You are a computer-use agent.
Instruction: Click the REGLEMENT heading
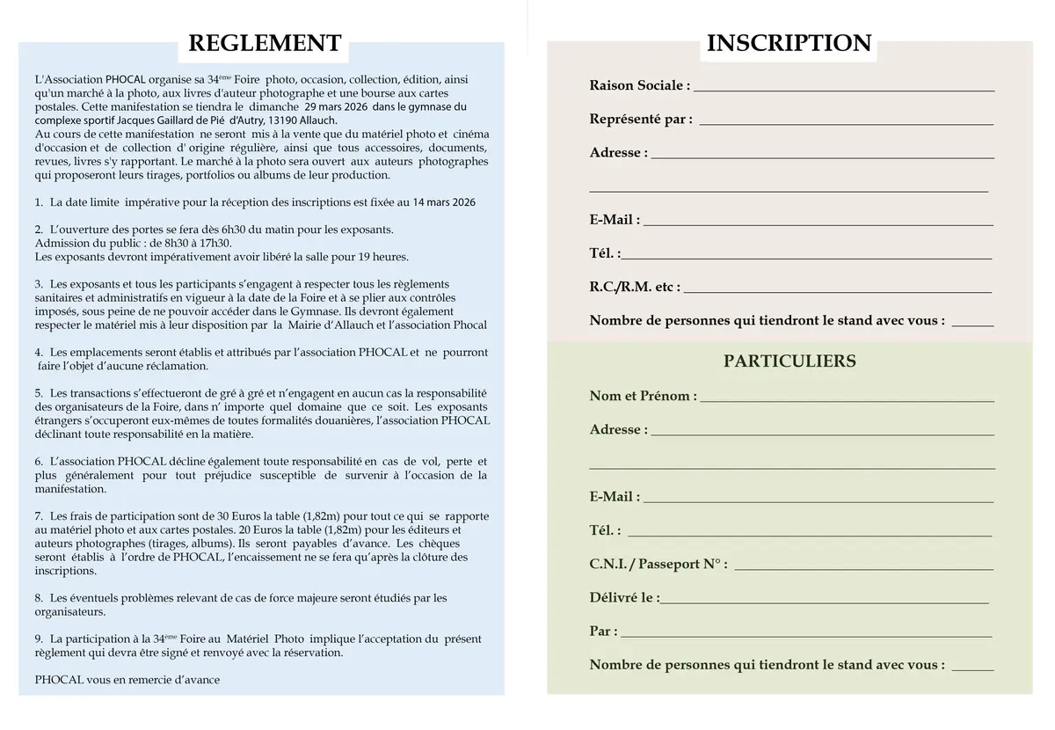click(265, 43)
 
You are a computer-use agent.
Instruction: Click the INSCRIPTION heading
click(789, 43)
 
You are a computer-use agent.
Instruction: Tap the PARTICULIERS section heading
click(789, 361)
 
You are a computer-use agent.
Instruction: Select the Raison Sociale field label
click(639, 85)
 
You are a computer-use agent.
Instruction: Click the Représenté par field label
click(641, 119)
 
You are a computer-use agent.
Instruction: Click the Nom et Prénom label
click(643, 396)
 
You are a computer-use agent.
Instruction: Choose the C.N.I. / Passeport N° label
click(658, 564)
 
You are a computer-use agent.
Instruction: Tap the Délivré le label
click(624, 597)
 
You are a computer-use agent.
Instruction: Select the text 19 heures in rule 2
click(383, 257)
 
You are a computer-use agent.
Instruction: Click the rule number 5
click(39, 392)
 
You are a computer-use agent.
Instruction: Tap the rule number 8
click(39, 598)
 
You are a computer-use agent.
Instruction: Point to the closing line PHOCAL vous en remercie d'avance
click(127, 680)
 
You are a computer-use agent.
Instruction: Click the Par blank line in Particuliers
click(806, 632)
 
